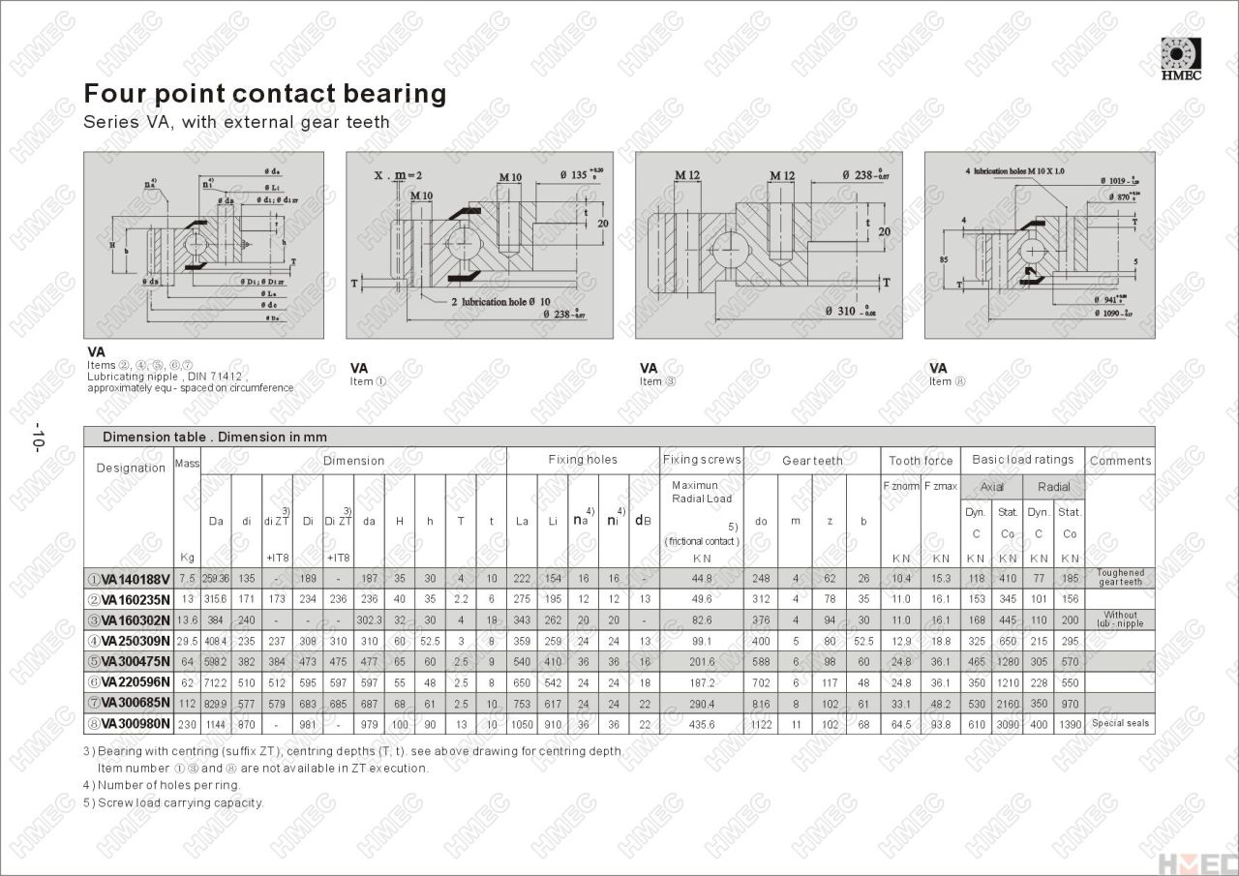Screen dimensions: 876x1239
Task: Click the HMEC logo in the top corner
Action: pos(1180,59)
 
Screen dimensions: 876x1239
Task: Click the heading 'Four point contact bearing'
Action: pos(264,94)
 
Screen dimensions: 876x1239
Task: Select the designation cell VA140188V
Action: pos(129,579)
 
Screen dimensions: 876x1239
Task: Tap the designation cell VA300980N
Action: pos(129,723)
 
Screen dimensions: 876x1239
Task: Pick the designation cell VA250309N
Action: pos(129,641)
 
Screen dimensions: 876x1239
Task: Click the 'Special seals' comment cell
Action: pos(1120,723)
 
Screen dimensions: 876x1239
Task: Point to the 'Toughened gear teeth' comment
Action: pos(1120,578)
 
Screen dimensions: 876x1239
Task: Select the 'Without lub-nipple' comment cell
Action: pos(1120,619)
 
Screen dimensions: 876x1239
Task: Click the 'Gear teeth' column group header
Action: pos(812,461)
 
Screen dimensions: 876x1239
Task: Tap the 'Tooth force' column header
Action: pos(921,461)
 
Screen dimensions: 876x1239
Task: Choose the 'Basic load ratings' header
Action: pos(1022,460)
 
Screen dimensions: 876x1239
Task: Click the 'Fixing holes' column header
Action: pos(583,460)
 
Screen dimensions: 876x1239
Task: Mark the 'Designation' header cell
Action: pos(131,468)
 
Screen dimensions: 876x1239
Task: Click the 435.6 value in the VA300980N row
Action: pos(702,724)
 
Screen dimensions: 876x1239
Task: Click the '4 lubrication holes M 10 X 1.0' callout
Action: pos(1014,170)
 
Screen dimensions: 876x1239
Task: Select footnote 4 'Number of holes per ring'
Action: pos(162,785)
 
